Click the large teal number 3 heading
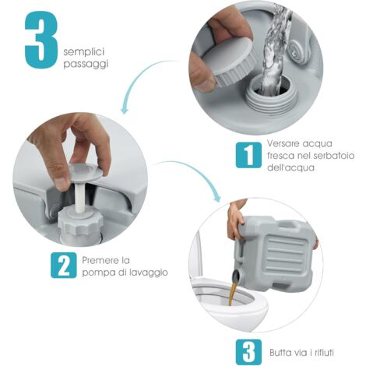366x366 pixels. (x=41, y=40)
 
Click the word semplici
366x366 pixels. (x=84, y=51)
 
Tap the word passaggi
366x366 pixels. (x=86, y=64)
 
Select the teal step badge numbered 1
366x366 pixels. (x=248, y=155)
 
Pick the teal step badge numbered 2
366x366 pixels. (x=64, y=265)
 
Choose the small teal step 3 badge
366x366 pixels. (x=248, y=352)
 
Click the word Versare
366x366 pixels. (x=283, y=143)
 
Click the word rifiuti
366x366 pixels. (x=324, y=353)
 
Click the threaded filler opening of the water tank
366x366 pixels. (x=269, y=96)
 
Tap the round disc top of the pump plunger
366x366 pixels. (x=86, y=171)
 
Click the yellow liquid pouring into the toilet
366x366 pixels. (x=232, y=292)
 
